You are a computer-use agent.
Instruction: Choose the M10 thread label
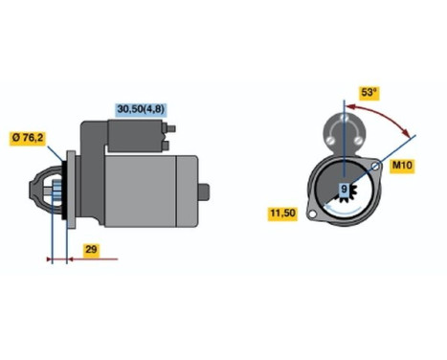402,166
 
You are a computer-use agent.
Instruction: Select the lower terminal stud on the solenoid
169,146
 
